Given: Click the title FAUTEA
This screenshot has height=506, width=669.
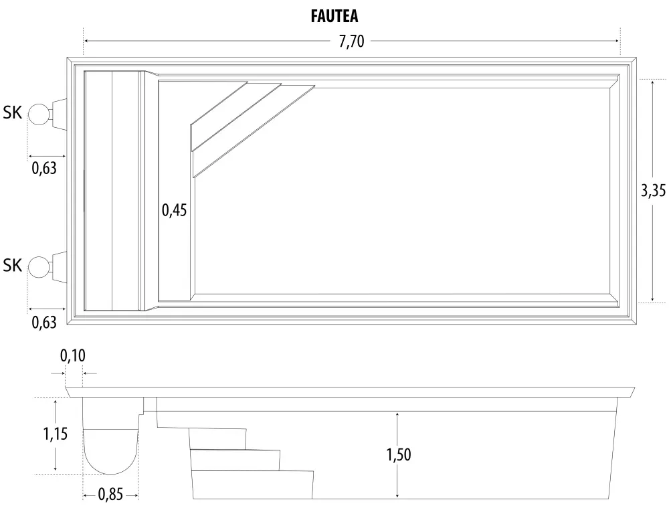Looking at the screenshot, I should click(334, 16).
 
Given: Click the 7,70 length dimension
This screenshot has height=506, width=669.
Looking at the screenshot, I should click(351, 41).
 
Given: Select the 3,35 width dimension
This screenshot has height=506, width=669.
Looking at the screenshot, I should click(652, 191).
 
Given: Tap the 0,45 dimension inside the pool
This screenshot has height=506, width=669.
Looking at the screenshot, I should click(174, 210).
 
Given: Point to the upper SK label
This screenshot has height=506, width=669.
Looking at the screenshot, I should click(13, 114).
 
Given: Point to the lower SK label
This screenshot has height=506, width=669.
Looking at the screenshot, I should click(13, 266).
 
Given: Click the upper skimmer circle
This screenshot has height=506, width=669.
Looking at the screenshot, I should click(39, 114).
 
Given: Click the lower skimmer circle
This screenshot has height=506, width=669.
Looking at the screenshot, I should click(39, 266).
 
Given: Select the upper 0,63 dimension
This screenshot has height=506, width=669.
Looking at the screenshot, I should click(44, 169).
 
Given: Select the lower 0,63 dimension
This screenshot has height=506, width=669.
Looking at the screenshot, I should click(44, 322).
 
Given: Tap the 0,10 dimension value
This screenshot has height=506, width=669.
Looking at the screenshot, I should click(73, 356).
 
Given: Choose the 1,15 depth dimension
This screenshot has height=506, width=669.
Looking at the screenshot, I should click(56, 434).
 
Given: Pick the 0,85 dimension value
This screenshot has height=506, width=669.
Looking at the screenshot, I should click(111, 496).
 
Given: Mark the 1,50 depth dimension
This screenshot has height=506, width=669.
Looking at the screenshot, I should click(398, 455).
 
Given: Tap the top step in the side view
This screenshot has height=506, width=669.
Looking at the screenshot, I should click(217, 438).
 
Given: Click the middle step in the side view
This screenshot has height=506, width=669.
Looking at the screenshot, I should click(235, 460).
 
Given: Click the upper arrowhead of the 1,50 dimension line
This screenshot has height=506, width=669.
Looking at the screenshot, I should click(398, 416).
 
